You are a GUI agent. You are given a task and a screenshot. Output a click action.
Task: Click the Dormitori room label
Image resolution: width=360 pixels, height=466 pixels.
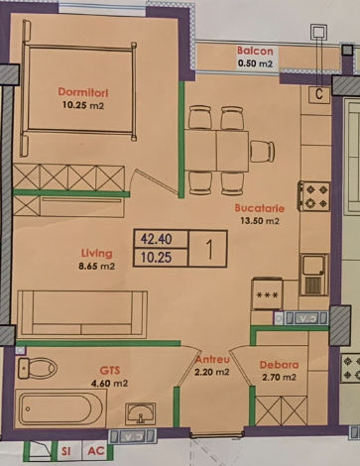click(83, 92)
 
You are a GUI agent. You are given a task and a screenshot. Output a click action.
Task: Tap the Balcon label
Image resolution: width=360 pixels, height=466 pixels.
click(255, 51)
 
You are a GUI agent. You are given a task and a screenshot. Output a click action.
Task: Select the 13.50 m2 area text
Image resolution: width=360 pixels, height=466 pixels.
click(260, 221)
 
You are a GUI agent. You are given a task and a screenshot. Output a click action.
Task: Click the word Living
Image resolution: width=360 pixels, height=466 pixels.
click(97, 254)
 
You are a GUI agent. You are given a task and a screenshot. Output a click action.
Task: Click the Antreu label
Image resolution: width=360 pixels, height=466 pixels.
click(212, 360)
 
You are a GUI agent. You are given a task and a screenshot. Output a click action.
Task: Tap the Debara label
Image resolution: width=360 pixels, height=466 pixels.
click(279, 365)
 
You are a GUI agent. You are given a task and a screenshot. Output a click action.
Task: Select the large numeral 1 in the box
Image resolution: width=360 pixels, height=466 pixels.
click(209, 249)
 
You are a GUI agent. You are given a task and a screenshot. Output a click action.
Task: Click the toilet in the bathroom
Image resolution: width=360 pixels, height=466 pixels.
click(37, 368)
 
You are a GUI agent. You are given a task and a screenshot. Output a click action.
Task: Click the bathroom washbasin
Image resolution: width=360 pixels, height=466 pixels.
click(140, 413)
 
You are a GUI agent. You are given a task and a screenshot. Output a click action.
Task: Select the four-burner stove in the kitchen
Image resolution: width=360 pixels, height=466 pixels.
click(314, 196)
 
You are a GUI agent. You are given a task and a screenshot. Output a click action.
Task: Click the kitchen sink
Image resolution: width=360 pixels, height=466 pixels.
click(313, 275)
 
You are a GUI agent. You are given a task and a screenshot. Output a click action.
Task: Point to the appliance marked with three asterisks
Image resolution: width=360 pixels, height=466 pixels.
click(267, 294)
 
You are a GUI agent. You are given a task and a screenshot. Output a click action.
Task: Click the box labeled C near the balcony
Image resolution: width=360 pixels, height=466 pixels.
click(319, 94)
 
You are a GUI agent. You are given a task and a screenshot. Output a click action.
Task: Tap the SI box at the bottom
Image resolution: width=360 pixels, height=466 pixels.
click(66, 451)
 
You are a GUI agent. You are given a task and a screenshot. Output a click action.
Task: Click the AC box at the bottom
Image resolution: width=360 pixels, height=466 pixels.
click(96, 451)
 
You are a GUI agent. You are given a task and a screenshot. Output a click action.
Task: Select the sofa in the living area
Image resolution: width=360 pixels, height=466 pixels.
click(82, 314)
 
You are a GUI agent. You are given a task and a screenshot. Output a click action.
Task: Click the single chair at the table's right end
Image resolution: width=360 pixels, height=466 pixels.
click(262, 152)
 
